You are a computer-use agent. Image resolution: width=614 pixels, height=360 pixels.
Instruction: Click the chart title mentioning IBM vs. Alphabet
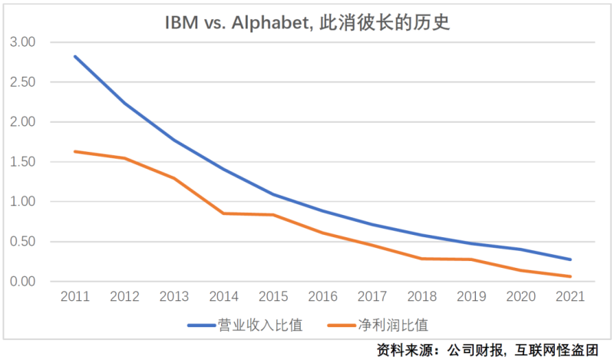307,22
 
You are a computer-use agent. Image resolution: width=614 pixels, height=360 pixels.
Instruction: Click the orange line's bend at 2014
223,213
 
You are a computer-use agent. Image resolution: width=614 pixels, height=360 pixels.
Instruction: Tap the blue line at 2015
273,194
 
